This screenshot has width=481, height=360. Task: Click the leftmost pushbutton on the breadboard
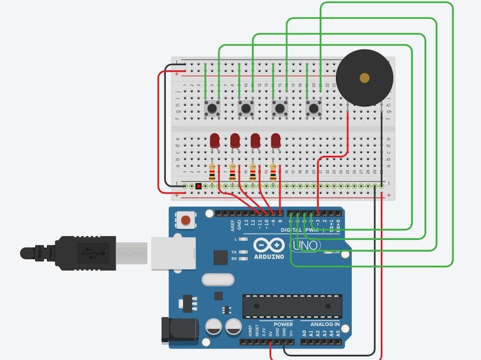[x=213, y=109]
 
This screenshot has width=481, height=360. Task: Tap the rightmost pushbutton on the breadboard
[x=314, y=109]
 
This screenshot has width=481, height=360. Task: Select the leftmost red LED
[x=215, y=140]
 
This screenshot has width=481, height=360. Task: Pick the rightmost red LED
[x=276, y=140]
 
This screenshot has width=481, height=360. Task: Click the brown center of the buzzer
[x=364, y=78]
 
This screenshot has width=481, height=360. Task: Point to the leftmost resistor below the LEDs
[x=213, y=172]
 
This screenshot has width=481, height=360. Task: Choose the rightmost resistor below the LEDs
[x=274, y=172]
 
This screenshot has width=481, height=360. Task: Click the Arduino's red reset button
[x=185, y=220]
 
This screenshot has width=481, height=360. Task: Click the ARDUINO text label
[x=269, y=257]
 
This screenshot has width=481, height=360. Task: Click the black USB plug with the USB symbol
[x=86, y=251]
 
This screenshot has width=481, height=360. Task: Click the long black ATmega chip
[x=292, y=306]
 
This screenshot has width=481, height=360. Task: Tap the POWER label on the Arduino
[x=283, y=324]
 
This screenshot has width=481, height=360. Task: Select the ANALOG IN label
[x=325, y=324]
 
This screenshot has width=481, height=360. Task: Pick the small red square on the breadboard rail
[x=198, y=186]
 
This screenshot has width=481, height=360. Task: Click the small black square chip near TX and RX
[x=220, y=257]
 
